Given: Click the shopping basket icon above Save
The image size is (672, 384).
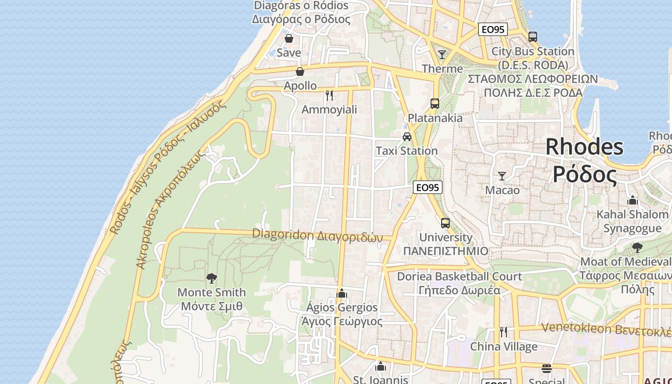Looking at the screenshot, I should (289, 38).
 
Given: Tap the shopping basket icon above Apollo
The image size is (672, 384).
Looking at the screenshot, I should (300, 72).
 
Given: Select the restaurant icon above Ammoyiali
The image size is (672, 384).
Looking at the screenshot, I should (329, 96).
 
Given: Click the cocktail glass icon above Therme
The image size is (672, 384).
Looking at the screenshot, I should (442, 54).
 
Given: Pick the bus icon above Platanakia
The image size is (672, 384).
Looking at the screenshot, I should (435, 103).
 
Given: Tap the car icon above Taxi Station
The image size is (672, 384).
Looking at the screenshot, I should (407, 137).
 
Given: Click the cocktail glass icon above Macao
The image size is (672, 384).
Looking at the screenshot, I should (502, 176).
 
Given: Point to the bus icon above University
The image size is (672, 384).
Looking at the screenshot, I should (445, 223).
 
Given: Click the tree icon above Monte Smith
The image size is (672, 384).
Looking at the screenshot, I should (211, 278).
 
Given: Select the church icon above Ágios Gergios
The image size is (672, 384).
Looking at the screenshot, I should (342, 293).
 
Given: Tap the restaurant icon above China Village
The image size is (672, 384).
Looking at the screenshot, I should (504, 332).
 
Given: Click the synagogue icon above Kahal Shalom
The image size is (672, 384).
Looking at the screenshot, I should (633, 200).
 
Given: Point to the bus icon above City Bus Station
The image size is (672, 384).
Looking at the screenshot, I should (533, 37).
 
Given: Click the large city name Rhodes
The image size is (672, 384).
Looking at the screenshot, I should (584, 146).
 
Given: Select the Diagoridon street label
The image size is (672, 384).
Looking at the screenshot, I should (317, 235).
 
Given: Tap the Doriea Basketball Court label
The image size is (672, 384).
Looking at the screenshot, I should (459, 276).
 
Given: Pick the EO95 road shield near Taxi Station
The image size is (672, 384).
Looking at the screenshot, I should (427, 188).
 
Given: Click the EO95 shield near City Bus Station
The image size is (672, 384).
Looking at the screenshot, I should (493, 30).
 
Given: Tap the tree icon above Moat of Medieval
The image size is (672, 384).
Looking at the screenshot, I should (637, 248).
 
